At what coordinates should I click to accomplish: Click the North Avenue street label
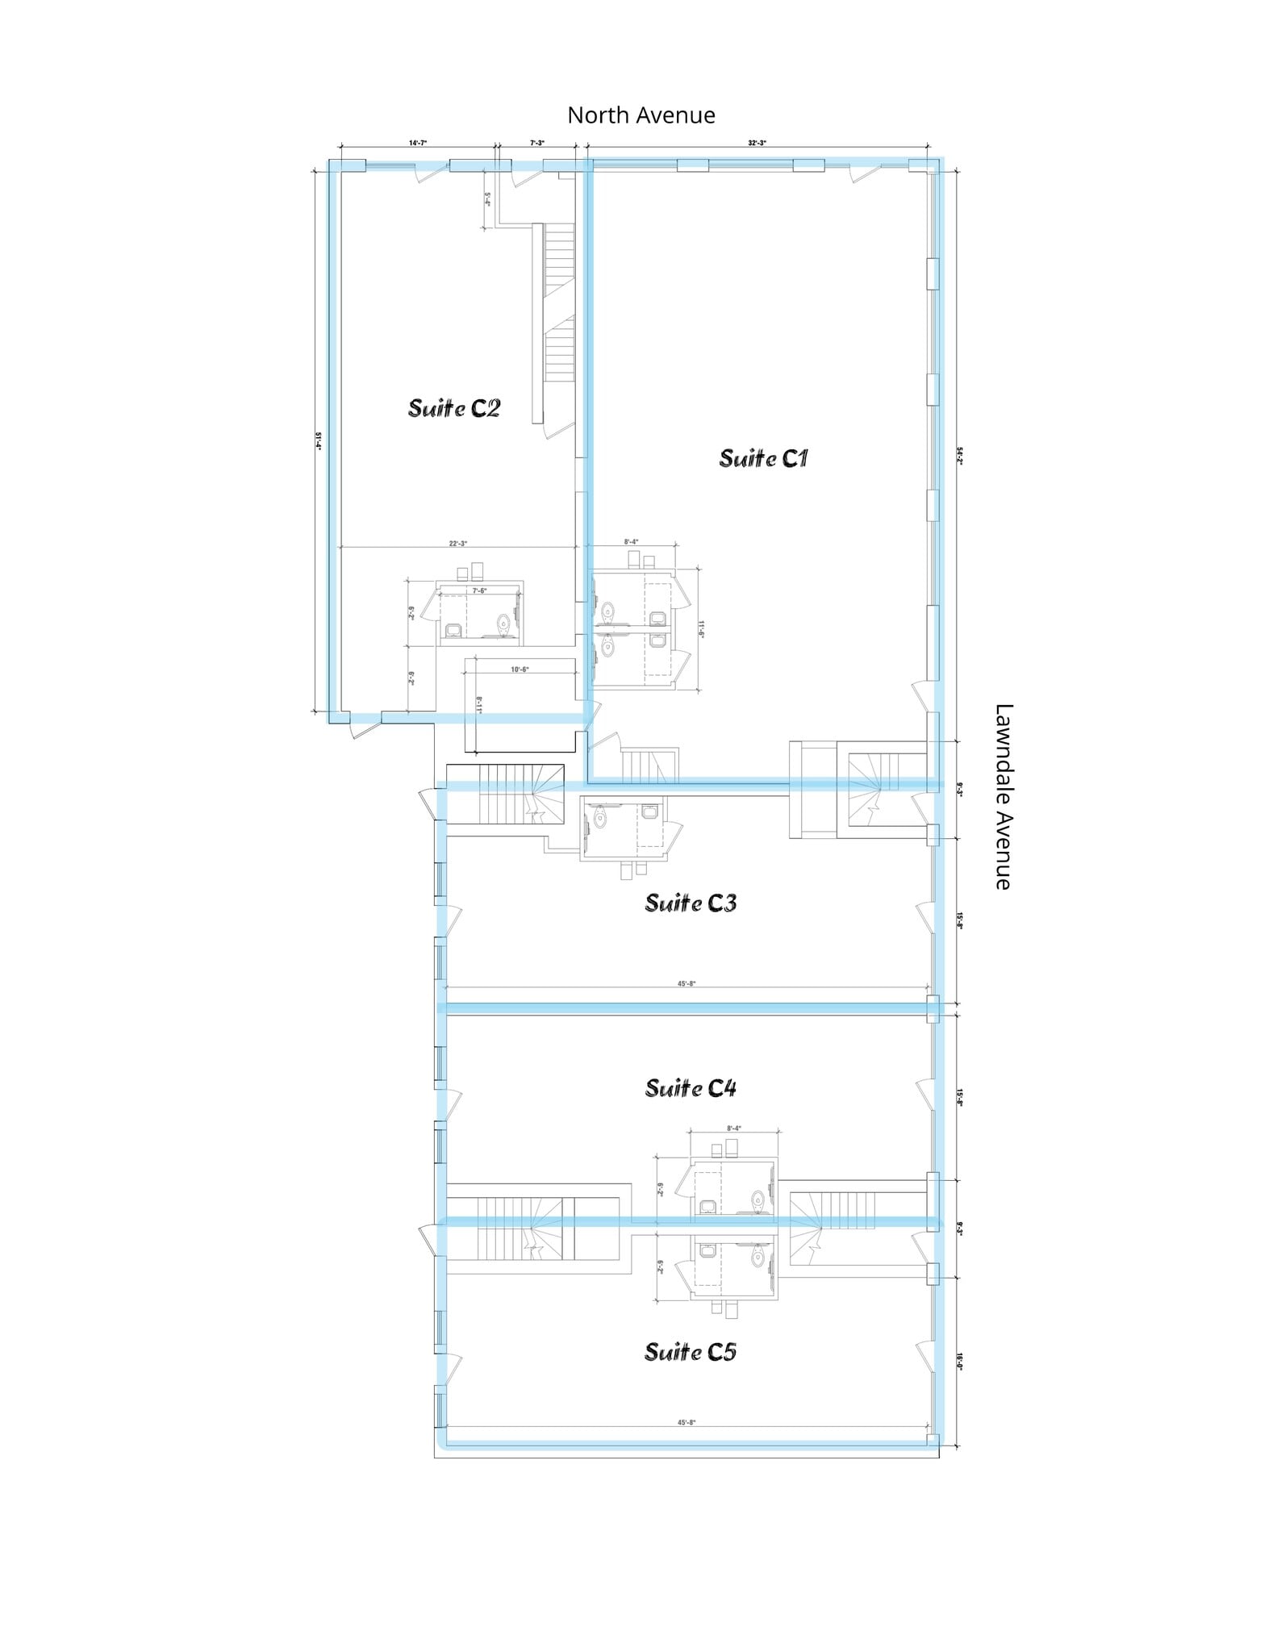point(641,115)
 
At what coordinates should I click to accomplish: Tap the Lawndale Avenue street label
point(1003,797)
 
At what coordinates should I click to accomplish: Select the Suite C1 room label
point(763,459)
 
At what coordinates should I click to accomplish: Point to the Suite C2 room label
point(454,408)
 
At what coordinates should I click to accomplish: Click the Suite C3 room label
point(691,903)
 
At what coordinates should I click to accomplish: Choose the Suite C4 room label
point(691,1089)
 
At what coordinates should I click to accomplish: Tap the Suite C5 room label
point(691,1352)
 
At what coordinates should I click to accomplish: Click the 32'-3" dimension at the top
point(757,143)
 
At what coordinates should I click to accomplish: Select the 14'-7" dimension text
point(417,143)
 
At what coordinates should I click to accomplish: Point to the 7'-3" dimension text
point(537,143)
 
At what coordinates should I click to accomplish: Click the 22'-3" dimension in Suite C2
point(458,544)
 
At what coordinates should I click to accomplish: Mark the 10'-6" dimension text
point(520,670)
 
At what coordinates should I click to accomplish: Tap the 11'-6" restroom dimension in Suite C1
point(702,629)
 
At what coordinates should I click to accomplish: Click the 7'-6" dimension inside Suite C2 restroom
point(479,591)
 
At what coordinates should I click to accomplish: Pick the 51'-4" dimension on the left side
point(319,441)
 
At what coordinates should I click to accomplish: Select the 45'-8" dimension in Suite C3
point(686,983)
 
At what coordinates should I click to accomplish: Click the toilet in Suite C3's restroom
point(599,819)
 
